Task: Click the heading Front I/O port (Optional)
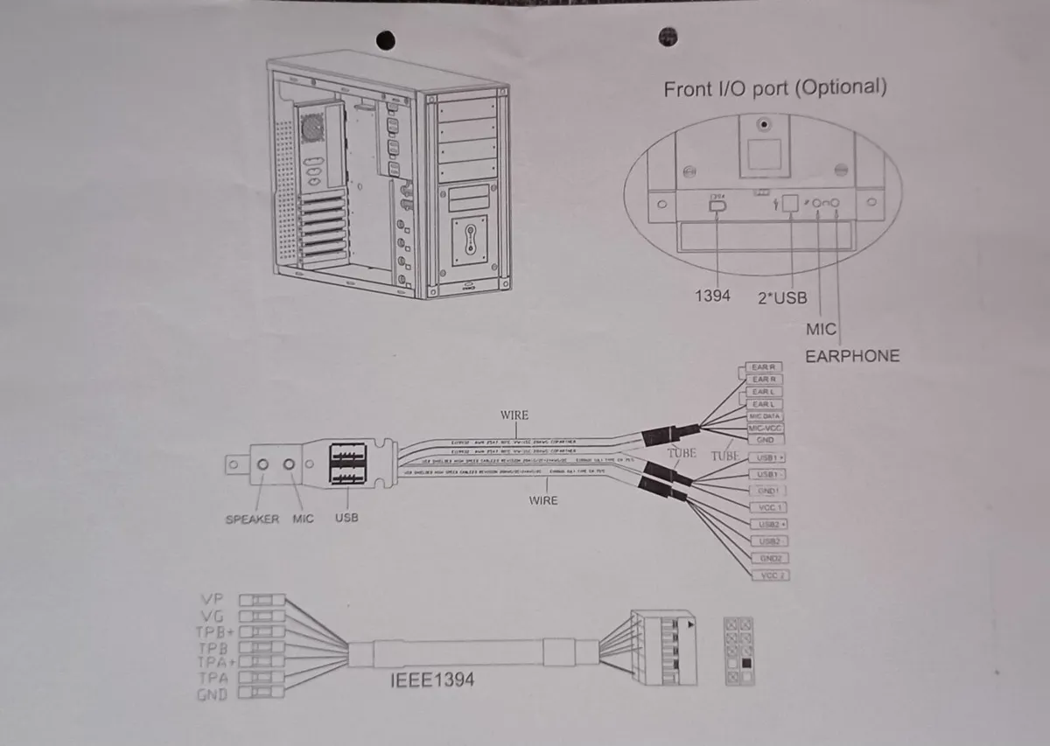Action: pos(774,87)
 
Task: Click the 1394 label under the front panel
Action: pos(712,296)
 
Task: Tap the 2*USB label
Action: pos(782,297)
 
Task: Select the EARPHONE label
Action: pos(851,356)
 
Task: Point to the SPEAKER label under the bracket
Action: pos(252,519)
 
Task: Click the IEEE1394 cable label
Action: pos(432,679)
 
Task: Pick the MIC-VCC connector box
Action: pos(765,429)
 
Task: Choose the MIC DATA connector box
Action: pos(765,416)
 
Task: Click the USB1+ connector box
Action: pos(767,458)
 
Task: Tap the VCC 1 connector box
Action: pos(767,507)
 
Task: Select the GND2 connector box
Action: pos(768,558)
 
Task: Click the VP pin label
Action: pos(212,600)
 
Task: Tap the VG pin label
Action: pos(212,616)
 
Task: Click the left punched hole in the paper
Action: pos(385,39)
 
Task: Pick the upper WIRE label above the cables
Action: pos(514,415)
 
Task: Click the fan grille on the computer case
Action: pos(313,126)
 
